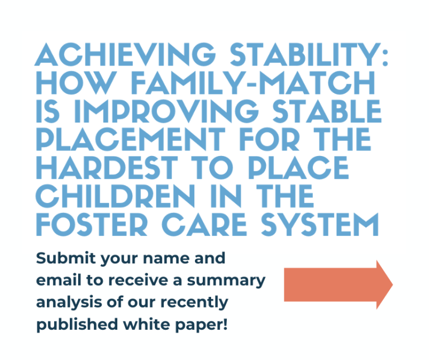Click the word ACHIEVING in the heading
coord(125,54)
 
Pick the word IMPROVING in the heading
coord(166,111)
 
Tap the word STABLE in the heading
coord(327,111)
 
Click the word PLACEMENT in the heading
coord(131,139)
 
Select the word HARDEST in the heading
coord(107,168)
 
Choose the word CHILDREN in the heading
coord(115,196)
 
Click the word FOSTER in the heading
coord(92,224)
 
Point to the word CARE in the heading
coord(204,224)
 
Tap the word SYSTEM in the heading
coord(320,224)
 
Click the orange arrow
coord(339,285)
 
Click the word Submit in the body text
coord(66,258)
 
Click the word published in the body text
coord(78,325)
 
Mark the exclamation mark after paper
coord(225,324)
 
